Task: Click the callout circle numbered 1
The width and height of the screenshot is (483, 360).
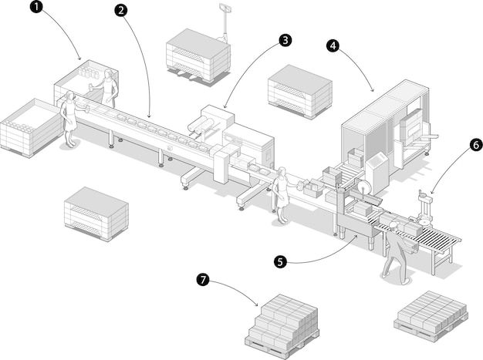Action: (x=37, y=8)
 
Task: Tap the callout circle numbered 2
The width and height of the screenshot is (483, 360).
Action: (x=120, y=11)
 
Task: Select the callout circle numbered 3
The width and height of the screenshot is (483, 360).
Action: (x=285, y=39)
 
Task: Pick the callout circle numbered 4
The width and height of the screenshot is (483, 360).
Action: (x=333, y=46)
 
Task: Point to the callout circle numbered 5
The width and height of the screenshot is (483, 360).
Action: (x=281, y=261)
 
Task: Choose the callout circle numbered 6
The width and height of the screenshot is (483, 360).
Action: (x=475, y=144)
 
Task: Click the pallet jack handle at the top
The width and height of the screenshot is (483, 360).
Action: (x=226, y=9)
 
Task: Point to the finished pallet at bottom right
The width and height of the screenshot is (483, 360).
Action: (x=430, y=315)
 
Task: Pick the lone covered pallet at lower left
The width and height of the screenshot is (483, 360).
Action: (x=96, y=212)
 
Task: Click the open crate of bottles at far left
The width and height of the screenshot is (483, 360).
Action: (x=31, y=126)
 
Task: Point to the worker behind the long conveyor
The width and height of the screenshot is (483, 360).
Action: (x=109, y=88)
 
